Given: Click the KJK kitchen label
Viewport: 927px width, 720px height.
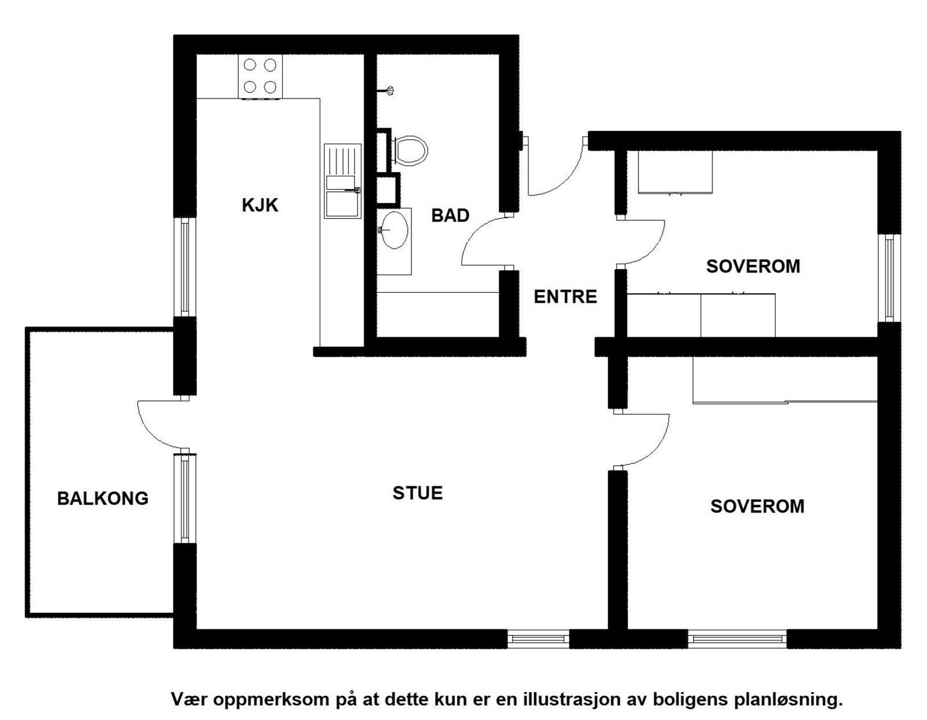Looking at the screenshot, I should [260, 205].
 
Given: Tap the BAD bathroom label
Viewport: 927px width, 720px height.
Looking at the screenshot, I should [450, 216].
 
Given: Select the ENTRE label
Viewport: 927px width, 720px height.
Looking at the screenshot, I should [565, 297].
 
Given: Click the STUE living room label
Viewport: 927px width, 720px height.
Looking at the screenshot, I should [417, 493].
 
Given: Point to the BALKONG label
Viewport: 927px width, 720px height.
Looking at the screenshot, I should [103, 499].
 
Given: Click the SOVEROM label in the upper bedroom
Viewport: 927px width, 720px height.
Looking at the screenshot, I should [753, 267].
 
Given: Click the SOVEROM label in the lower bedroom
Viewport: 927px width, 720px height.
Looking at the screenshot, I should [757, 506].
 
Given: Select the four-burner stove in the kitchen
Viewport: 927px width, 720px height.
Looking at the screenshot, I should [260, 77].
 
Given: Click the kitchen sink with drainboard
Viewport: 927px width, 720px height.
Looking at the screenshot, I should [342, 181].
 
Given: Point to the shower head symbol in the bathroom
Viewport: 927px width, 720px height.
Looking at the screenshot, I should [386, 90].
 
